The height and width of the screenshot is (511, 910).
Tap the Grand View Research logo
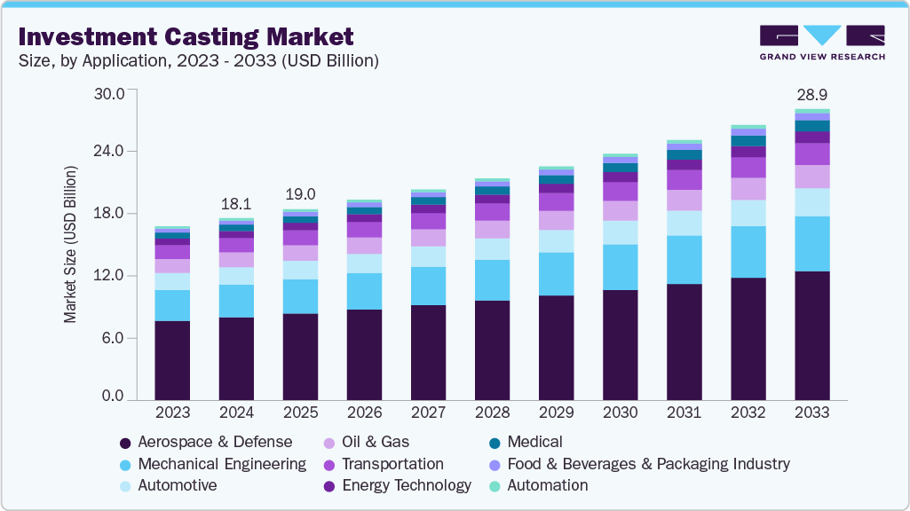coord(821,42)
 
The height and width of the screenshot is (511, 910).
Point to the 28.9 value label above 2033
coord(811,94)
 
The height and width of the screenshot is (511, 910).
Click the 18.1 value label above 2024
coord(236,202)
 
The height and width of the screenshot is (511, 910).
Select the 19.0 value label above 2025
coord(300,194)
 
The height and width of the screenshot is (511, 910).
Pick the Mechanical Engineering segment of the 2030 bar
coord(620,267)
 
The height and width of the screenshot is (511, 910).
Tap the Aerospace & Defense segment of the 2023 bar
coord(172,360)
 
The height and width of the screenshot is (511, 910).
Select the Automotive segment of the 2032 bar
coord(748,213)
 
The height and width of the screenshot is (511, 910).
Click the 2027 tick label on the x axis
coord(428,413)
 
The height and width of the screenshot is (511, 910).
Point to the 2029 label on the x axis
coord(556,413)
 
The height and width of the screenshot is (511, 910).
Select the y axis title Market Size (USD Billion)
coord(70,244)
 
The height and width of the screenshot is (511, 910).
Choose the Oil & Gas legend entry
coord(375,442)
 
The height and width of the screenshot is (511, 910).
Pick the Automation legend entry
coord(552,485)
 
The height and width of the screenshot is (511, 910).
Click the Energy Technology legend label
coord(406,485)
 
